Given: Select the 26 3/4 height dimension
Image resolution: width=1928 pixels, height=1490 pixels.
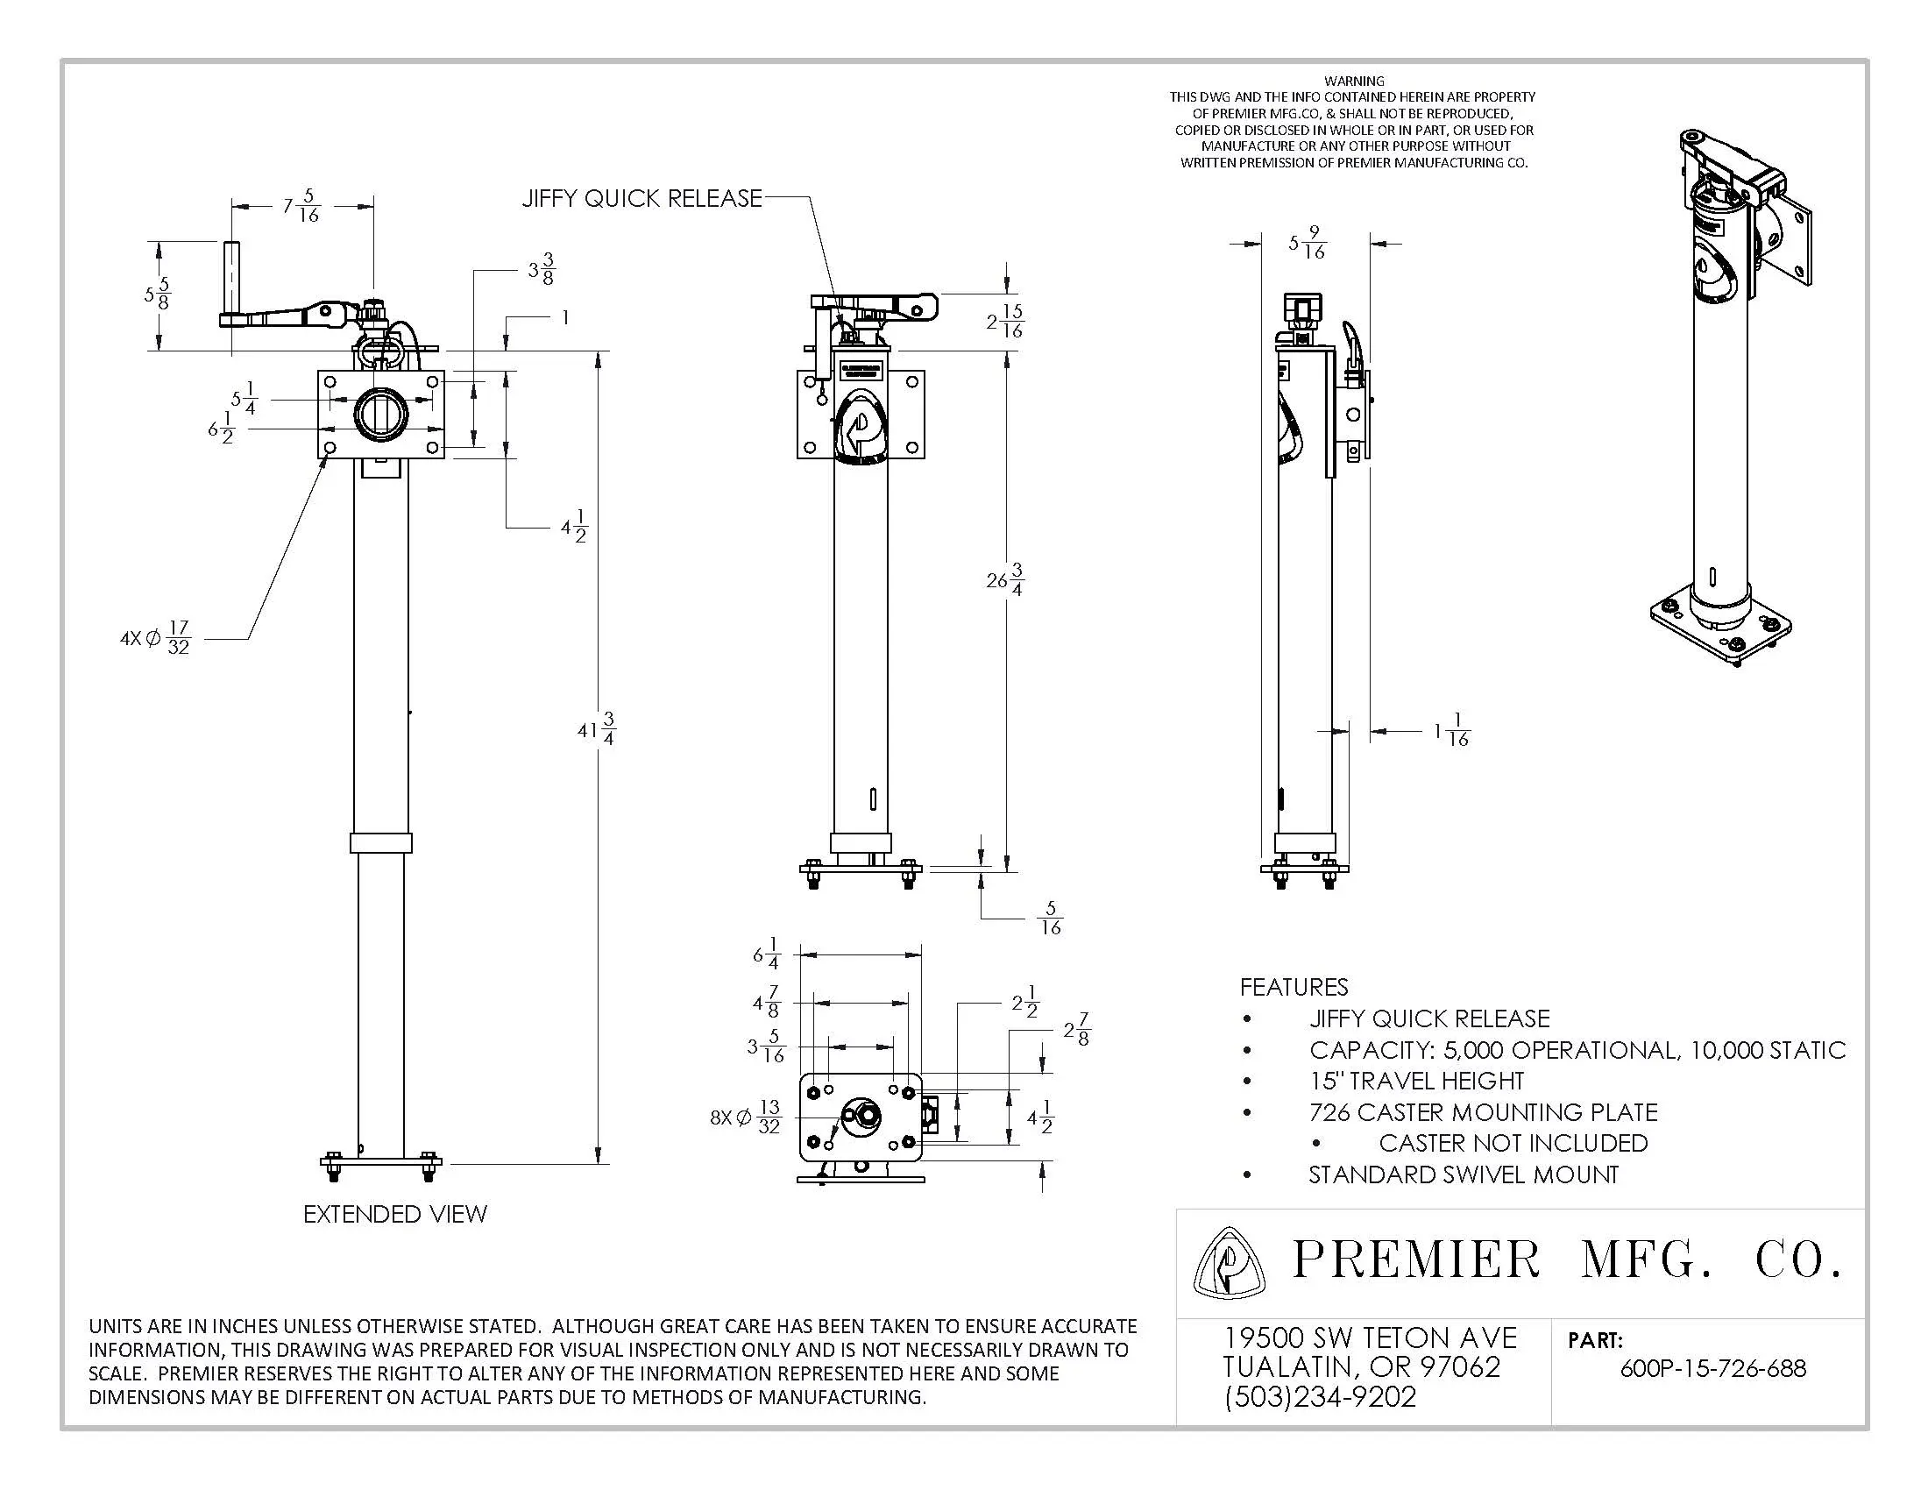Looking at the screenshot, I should point(1004,580).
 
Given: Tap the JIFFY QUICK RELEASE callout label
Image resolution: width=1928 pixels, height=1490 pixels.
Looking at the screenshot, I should point(641,198).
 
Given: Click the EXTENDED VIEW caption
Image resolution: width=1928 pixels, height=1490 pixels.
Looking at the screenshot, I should point(394,1214).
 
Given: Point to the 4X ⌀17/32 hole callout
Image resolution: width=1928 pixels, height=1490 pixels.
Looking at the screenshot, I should point(155,637).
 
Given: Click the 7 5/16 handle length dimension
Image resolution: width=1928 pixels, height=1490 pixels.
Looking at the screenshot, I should point(301,206).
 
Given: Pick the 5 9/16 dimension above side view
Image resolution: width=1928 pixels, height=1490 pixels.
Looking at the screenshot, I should point(1308,243).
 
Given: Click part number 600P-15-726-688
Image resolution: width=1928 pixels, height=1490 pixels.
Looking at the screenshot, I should point(1712,1368).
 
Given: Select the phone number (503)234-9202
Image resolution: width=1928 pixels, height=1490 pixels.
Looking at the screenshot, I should point(1320,1396).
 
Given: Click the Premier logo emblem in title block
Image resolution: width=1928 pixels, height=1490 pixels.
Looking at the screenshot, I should point(1229,1263).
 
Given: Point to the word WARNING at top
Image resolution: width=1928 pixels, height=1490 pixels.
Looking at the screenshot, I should point(1354,81).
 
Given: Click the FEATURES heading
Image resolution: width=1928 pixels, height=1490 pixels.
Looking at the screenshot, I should point(1294,987).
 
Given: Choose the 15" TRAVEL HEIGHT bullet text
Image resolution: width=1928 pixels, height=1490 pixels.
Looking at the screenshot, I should point(1416,1081).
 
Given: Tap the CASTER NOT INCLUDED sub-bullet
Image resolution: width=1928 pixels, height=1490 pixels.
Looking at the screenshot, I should point(1513,1143).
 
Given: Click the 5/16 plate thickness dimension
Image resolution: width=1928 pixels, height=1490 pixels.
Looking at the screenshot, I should point(1050,918).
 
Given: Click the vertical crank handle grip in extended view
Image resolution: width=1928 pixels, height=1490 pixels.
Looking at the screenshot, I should point(232,274).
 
